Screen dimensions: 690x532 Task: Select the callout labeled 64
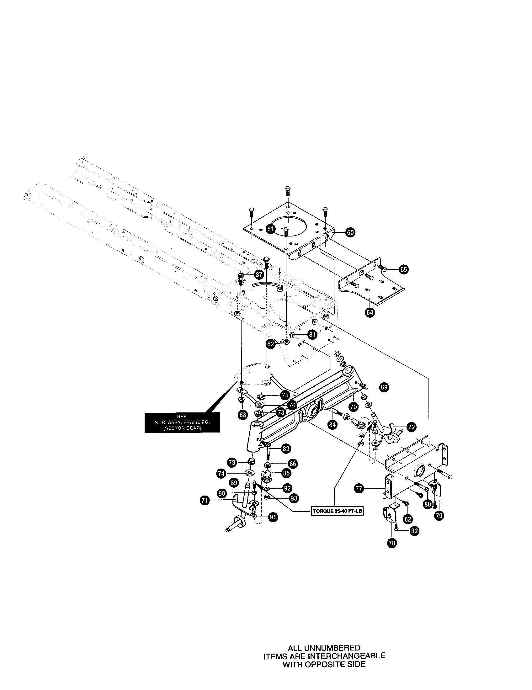tap(369, 312)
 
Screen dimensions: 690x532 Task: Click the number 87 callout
tap(259, 274)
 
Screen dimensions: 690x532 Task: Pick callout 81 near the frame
tap(312, 335)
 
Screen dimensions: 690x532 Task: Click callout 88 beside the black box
tap(242, 415)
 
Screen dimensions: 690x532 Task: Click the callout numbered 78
tap(392, 543)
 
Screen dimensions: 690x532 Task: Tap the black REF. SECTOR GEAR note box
tap(182, 423)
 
